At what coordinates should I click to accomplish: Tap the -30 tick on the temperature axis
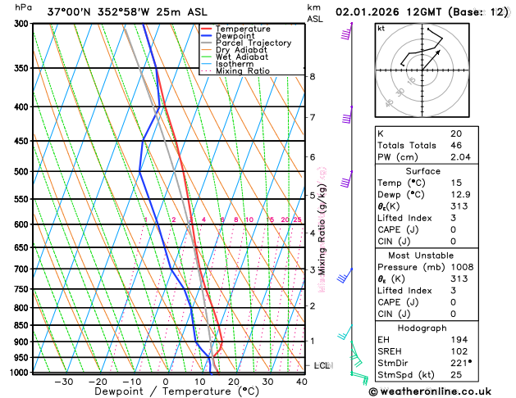coord(63,381)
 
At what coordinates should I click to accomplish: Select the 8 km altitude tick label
coord(312,76)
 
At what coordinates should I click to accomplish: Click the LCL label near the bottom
coord(322,365)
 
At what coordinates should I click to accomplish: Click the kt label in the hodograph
coord(381,28)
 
